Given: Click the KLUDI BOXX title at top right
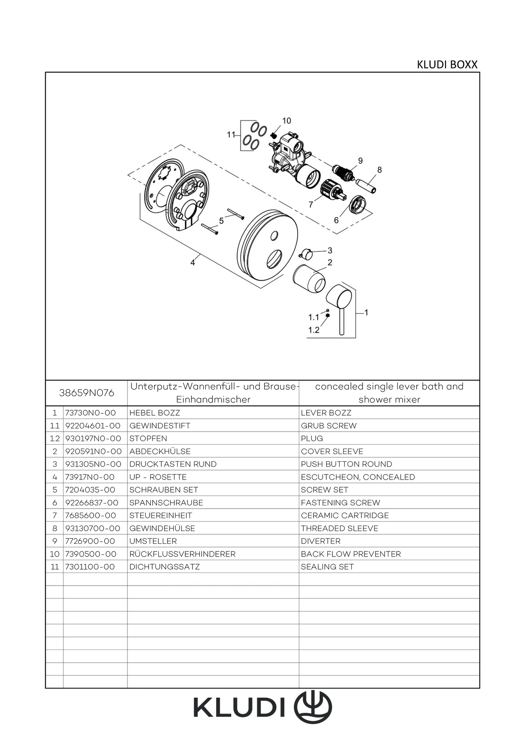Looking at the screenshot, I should point(447,65).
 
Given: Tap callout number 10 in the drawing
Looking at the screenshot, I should point(287,121).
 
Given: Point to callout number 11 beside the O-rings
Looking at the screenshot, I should point(231,135).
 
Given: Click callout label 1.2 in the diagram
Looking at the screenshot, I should point(313,330).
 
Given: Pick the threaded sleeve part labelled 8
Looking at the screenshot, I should point(367,185).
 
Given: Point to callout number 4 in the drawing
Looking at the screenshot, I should point(193,262).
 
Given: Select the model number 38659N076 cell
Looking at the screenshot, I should point(86,393).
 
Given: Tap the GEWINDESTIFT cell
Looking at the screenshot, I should point(160,426).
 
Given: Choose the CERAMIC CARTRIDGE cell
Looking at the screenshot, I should point(345,515).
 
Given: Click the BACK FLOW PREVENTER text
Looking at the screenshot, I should point(351,554).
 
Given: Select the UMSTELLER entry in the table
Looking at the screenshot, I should point(153,541).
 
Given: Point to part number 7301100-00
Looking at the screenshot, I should point(90,567).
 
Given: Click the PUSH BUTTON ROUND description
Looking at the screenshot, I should point(347,464).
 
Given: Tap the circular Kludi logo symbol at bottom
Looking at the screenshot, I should point(315,707).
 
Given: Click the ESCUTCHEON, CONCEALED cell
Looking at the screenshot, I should point(358,477).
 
